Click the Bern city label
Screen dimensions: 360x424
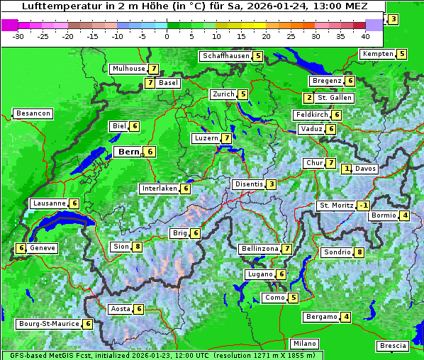click(129, 152)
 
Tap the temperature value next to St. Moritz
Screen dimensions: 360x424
click(363, 206)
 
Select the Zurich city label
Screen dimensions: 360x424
click(223, 94)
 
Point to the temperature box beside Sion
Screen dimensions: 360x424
click(138, 247)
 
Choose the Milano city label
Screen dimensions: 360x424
click(306, 344)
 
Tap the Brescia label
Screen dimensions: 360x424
click(393, 346)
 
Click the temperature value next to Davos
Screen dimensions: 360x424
click(346, 169)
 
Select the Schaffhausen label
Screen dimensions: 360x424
click(225, 56)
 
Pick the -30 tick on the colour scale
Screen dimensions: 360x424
click(18, 35)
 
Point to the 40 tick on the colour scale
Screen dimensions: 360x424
click(365, 35)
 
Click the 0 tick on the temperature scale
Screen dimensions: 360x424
click(167, 35)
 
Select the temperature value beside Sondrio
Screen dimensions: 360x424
click(359, 252)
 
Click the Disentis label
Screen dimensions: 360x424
click(249, 184)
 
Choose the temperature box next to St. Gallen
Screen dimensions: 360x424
click(308, 98)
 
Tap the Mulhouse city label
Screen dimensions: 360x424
click(128, 69)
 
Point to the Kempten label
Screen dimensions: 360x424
click(377, 54)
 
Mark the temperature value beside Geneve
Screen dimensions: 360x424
click(21, 248)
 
